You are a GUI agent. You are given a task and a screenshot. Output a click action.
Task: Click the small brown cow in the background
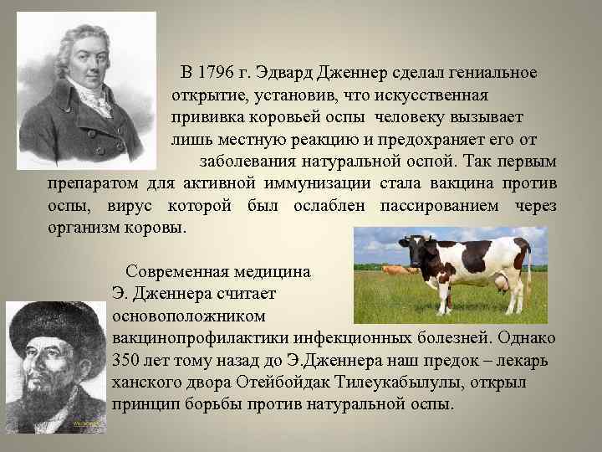point(391,270)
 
